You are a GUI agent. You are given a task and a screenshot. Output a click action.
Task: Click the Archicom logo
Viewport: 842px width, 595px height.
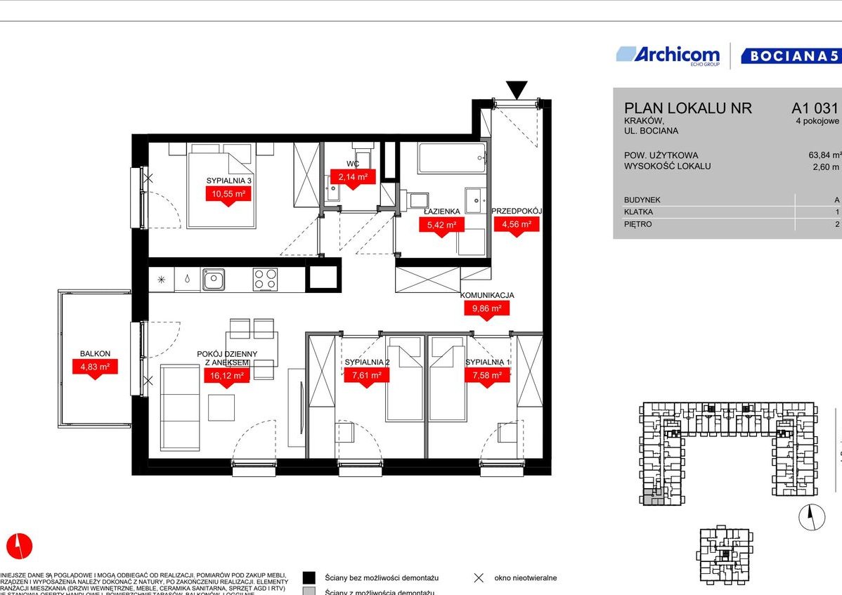click(x=668, y=55)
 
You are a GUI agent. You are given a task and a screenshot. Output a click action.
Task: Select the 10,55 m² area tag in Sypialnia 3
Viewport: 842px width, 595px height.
click(x=228, y=194)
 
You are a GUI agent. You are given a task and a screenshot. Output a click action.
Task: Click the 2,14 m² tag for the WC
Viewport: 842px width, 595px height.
click(x=353, y=177)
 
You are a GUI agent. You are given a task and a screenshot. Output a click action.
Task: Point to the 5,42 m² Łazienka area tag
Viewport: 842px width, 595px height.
click(x=441, y=225)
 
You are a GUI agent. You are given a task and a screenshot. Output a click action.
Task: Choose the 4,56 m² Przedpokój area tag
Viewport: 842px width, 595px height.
click(x=516, y=225)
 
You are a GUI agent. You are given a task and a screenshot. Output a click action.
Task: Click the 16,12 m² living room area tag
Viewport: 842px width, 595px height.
click(x=226, y=376)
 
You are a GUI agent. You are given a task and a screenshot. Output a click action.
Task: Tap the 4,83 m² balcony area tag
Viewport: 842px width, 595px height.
click(x=95, y=366)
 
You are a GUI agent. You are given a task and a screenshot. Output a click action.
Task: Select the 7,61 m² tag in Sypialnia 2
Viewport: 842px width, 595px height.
click(x=366, y=375)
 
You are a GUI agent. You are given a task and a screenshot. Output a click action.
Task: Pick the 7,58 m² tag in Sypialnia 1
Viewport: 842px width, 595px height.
click(x=486, y=375)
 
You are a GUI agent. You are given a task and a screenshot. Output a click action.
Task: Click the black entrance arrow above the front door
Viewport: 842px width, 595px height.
click(x=517, y=90)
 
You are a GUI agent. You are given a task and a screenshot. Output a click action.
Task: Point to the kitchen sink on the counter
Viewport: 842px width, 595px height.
click(x=213, y=280)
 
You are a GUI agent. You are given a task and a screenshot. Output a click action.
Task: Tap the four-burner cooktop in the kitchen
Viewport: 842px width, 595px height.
click(x=266, y=279)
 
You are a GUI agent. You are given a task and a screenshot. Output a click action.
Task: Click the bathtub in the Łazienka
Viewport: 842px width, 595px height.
click(x=451, y=158)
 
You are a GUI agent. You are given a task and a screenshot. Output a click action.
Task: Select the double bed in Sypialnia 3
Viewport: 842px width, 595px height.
click(x=219, y=186)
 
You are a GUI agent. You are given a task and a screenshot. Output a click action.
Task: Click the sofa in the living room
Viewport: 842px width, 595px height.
click(x=180, y=398)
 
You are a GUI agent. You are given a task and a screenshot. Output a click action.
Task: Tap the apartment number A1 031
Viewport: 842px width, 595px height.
click(x=815, y=108)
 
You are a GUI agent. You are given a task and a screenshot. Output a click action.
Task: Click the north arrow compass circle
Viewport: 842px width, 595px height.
click(x=811, y=517)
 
